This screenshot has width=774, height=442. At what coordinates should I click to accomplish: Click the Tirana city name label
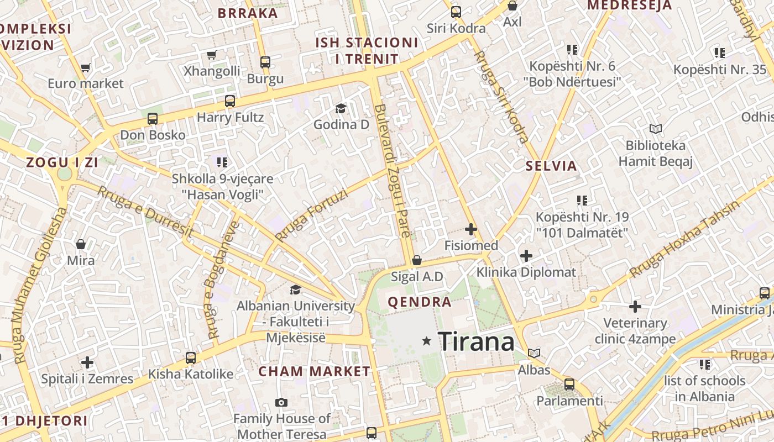point(476,341)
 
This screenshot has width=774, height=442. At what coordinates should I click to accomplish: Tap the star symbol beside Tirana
point(426,341)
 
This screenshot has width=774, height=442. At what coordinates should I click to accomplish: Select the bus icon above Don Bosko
point(153,119)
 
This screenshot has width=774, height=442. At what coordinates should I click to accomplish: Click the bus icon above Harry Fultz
point(230,101)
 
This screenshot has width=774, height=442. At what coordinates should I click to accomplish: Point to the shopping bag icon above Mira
point(81,244)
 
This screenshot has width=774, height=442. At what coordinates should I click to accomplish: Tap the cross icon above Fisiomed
point(471,229)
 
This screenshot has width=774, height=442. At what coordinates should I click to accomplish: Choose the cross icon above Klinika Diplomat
point(526,256)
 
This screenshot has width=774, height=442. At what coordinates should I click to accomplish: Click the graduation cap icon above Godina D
point(341,108)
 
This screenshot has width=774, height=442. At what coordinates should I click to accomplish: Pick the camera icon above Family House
point(281,402)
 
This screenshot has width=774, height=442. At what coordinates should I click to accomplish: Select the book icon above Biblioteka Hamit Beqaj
point(656,129)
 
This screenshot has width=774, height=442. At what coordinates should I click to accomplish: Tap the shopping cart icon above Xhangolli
point(211,55)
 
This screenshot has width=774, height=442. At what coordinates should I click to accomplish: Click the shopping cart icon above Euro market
point(85,67)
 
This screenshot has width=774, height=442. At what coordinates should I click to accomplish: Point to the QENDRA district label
point(420,302)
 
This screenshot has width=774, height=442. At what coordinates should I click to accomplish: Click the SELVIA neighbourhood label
point(551,166)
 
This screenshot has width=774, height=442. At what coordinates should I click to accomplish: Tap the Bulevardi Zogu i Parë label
point(393,171)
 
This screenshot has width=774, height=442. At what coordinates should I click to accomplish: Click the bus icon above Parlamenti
point(569,385)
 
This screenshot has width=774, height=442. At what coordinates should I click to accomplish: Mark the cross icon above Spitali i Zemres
point(87,362)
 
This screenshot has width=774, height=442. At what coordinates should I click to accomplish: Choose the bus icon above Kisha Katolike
point(191,358)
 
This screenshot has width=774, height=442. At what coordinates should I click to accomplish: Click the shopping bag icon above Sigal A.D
point(417,260)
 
